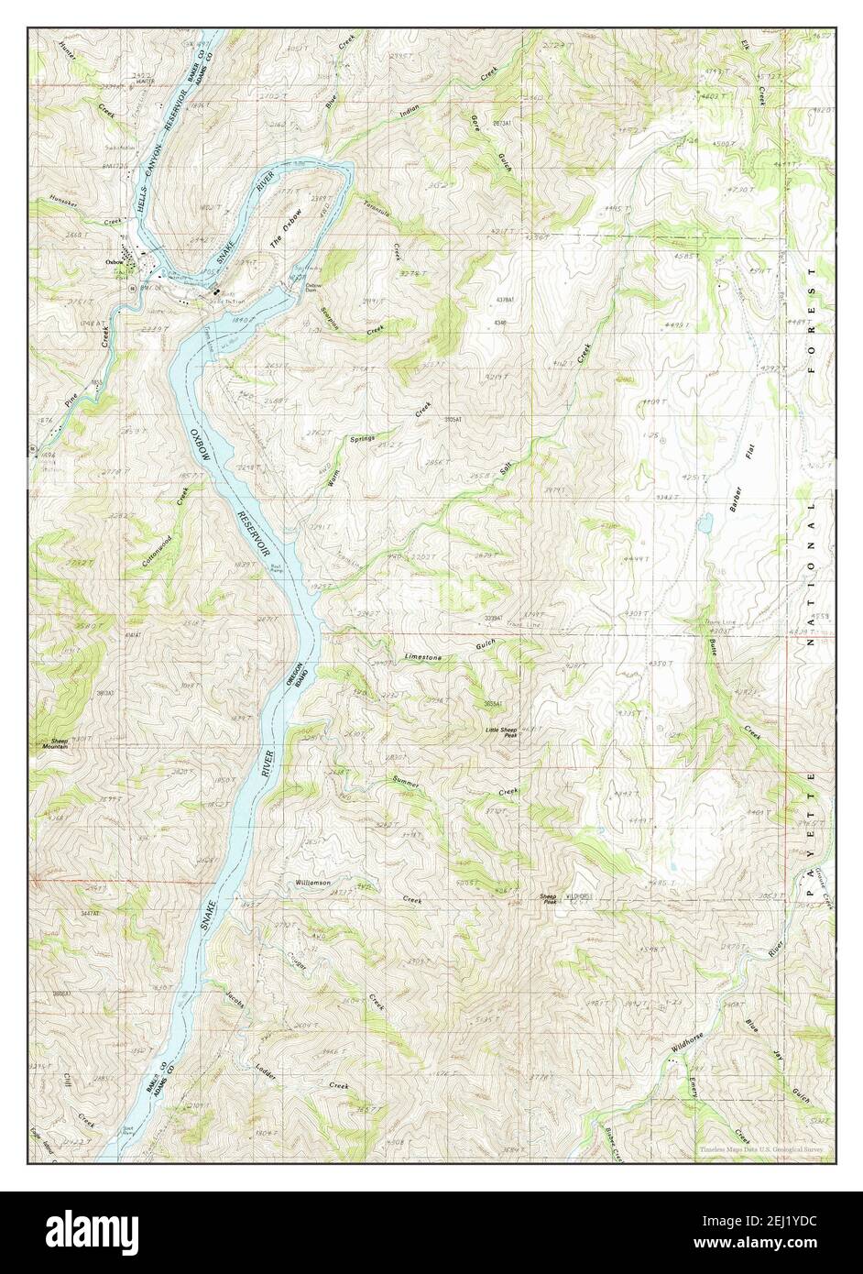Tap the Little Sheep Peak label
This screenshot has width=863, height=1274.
coord(504,731)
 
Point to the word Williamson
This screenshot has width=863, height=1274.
coord(312,882)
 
